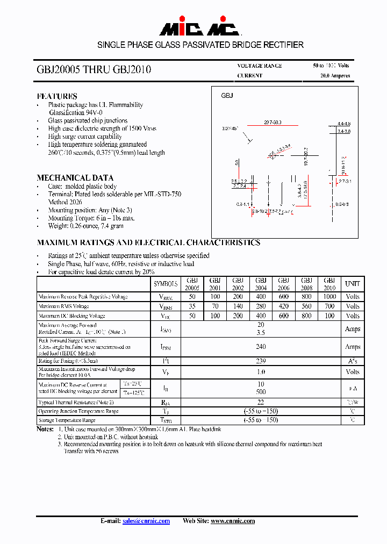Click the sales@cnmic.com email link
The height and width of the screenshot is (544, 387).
coord(146,521)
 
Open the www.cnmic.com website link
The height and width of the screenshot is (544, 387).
coord(232,521)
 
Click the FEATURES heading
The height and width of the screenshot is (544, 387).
coord(57,96)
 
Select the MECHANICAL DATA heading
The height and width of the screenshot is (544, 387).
coord(75,178)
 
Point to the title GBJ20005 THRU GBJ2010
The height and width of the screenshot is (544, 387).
coord(94,70)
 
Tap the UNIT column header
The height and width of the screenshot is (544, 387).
coord(353,284)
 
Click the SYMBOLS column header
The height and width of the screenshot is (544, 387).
coord(166,284)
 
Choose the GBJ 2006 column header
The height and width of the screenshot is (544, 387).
coord(284,284)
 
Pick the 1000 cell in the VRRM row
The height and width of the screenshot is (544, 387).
coord(329,297)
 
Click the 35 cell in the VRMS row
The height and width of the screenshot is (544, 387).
coord(192,306)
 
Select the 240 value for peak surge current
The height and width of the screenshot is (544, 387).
coord(261,347)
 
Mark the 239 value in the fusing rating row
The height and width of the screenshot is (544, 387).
coord(261,362)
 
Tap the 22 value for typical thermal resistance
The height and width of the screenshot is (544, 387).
coord(261,402)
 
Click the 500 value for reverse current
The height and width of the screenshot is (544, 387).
coord(261,392)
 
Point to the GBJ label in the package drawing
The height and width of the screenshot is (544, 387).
coord(227,96)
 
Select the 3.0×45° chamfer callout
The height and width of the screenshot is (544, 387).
coord(230,129)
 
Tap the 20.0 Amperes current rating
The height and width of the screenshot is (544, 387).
coord(335,76)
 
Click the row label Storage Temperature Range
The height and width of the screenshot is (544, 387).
coord(67,420)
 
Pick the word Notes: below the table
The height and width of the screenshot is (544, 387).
coord(45,430)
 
